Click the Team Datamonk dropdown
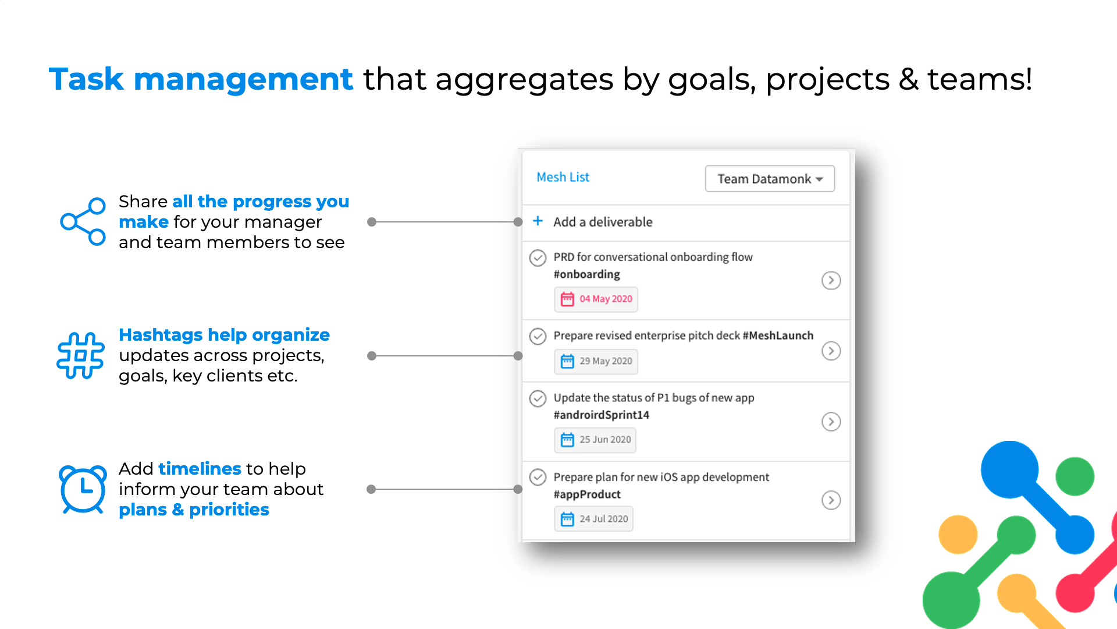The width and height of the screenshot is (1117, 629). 770,179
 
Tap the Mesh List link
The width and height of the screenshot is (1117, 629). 563,177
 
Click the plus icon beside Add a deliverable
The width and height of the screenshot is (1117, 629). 538,221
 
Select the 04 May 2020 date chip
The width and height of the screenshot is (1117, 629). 596,299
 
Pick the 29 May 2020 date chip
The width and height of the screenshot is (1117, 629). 596,362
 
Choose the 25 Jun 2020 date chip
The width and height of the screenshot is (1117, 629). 595,440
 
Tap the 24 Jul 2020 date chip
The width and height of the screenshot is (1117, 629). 593,519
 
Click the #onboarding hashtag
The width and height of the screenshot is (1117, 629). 586,274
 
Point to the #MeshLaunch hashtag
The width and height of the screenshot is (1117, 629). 778,335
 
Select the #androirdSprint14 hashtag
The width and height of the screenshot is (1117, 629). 601,415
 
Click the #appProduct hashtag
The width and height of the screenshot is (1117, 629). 587,494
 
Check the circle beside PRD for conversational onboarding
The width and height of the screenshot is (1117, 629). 538,257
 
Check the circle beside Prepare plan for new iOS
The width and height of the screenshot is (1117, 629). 538,477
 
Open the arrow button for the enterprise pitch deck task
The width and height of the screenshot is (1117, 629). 831,351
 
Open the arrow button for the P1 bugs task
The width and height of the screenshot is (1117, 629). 831,422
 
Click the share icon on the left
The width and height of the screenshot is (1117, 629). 83,222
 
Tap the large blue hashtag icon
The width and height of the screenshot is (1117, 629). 81,356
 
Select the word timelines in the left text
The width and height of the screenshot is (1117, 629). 200,469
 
